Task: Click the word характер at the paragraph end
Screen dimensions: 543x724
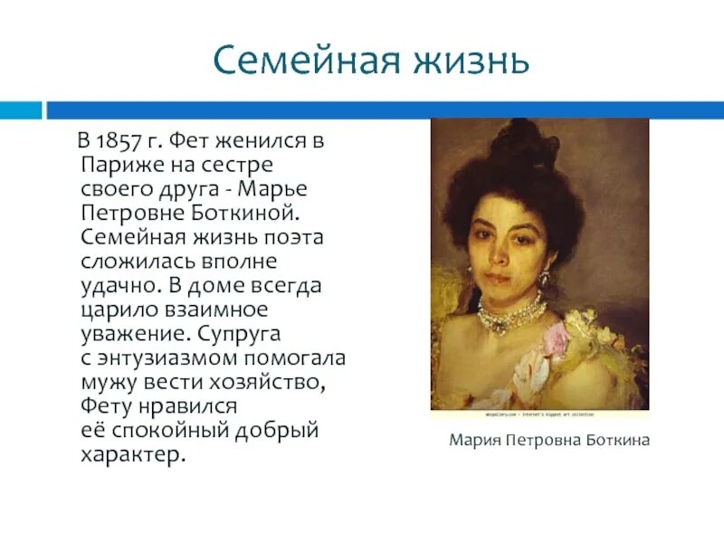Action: (129, 453)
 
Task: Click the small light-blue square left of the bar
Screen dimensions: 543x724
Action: (21, 110)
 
